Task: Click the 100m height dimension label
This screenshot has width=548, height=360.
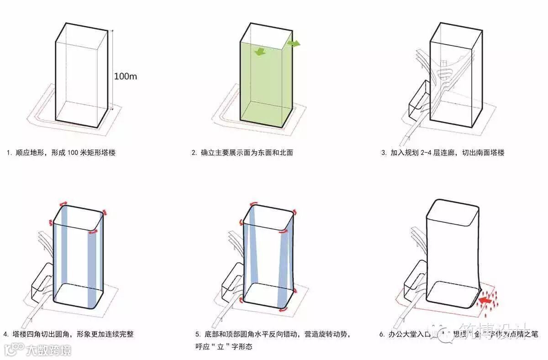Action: coord(125,76)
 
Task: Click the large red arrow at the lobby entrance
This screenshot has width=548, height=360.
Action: coord(487,301)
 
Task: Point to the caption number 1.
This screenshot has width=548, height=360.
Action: coord(9,153)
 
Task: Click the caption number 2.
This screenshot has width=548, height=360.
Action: coord(194,153)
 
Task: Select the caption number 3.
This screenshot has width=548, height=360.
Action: coord(384,153)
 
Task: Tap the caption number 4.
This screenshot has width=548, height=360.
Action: coord(5,334)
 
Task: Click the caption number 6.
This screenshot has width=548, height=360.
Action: coord(382,334)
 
